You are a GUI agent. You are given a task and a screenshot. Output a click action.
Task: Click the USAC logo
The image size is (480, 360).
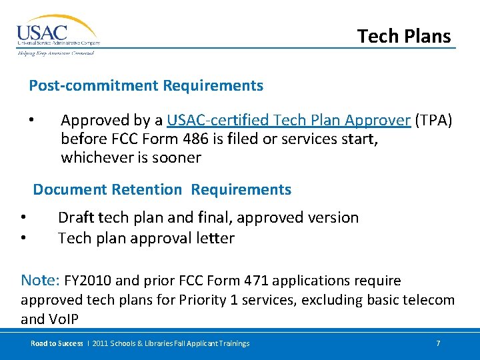[x=57, y=34]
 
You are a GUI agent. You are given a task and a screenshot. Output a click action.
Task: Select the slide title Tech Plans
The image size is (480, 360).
[x=404, y=36]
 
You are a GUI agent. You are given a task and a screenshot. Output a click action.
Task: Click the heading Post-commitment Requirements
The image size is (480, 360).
[x=146, y=85]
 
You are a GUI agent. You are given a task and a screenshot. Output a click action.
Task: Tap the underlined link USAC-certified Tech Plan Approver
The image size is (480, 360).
[x=288, y=121]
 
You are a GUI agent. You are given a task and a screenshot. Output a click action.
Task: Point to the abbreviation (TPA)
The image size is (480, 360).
[x=433, y=121]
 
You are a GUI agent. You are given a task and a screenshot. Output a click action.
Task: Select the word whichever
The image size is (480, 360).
[x=96, y=158]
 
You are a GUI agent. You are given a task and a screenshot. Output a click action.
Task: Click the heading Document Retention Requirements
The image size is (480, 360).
[x=162, y=189]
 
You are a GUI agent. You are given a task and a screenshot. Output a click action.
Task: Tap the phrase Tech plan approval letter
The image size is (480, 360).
[x=146, y=238]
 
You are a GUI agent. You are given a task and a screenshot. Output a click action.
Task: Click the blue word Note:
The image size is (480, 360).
[x=41, y=279]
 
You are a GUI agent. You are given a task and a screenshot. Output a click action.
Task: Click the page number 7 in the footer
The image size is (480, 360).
[x=438, y=343]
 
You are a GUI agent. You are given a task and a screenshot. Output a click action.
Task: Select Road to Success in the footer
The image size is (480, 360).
[x=56, y=343]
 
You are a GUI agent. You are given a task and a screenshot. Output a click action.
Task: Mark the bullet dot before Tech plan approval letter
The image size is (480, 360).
[x=23, y=239]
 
